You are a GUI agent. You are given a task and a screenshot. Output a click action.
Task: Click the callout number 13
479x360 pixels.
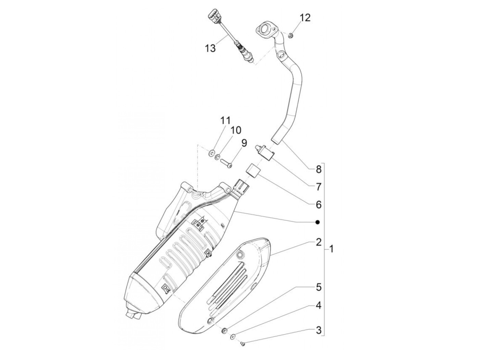[210, 48]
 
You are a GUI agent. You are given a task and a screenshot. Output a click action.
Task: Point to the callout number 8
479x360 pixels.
[319, 169]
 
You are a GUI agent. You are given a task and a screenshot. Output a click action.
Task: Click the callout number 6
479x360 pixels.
[319, 205]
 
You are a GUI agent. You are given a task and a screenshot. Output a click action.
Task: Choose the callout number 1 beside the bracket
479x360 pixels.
[331, 249]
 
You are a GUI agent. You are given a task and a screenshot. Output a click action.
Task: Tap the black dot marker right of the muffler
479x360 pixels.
[318, 222]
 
